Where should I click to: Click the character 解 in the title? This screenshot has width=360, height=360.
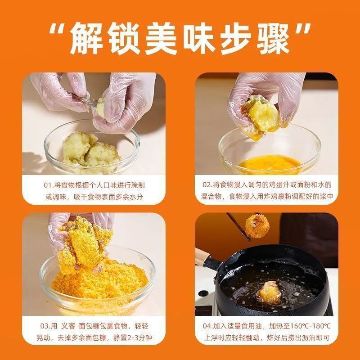click(x=87, y=38)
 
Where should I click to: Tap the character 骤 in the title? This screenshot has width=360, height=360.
click(x=273, y=38)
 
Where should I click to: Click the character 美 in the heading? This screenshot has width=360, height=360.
click(x=161, y=38)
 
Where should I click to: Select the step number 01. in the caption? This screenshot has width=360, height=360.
click(x=49, y=185)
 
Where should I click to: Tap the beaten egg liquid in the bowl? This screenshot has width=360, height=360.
click(x=270, y=164)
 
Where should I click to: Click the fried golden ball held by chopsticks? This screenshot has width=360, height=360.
click(x=257, y=226)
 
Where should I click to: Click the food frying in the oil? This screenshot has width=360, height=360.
click(x=270, y=292)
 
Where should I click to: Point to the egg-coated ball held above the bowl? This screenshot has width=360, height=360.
click(x=261, y=117)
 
